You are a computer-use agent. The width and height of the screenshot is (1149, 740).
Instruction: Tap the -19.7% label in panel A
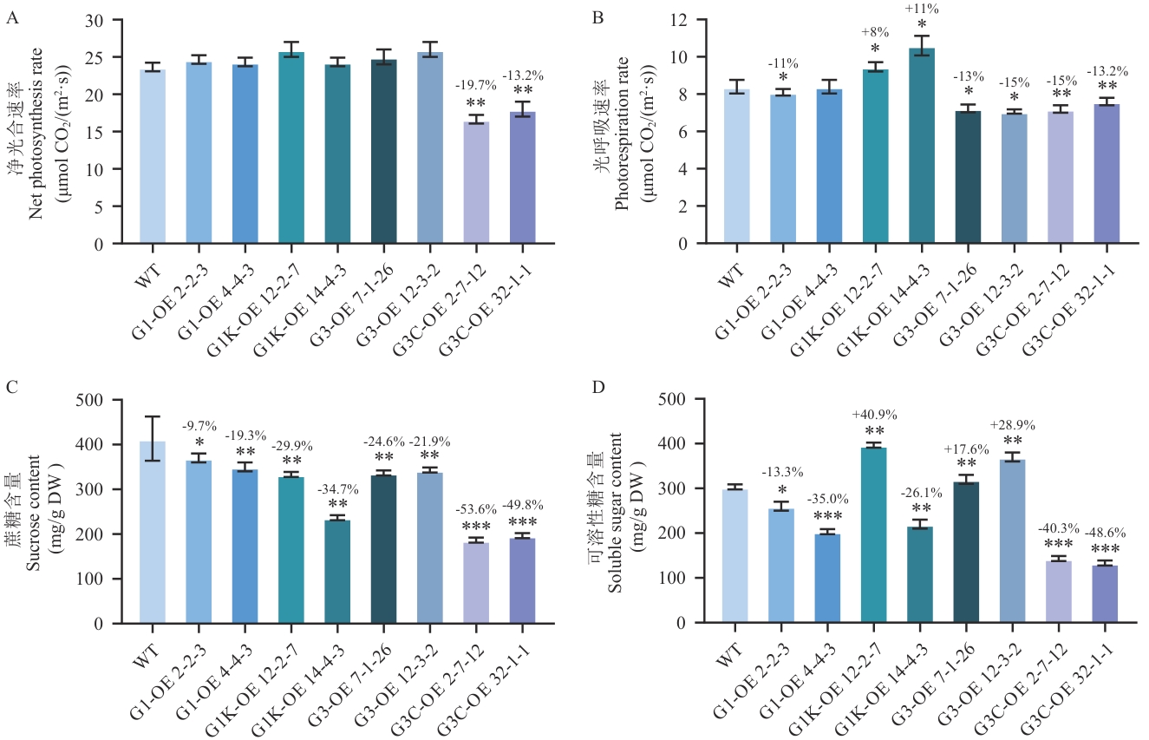tap(475, 85)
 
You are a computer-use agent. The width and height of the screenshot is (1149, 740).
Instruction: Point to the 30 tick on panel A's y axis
tap(117, 20)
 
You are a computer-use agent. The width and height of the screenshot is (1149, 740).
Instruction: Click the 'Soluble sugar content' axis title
tap(614, 512)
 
